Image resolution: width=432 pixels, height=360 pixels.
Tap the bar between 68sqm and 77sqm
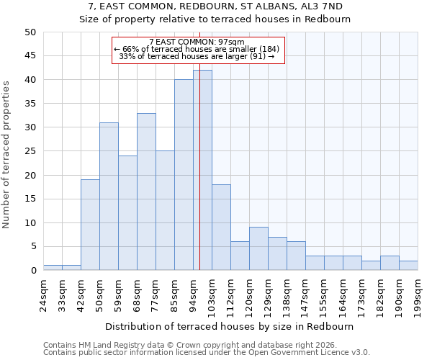point(146,192)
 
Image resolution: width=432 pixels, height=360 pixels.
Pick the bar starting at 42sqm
point(90,225)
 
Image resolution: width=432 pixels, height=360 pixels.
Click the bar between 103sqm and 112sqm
point(221,228)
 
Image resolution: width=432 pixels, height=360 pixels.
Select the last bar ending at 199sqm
point(408,266)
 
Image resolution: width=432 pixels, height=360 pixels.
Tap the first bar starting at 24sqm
point(53,268)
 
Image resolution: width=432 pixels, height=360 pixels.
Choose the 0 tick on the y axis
point(32,271)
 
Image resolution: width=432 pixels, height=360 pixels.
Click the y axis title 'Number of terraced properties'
point(7,155)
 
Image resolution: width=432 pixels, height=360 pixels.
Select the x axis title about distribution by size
point(229,326)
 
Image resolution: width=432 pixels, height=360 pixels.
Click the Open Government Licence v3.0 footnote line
point(207,352)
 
